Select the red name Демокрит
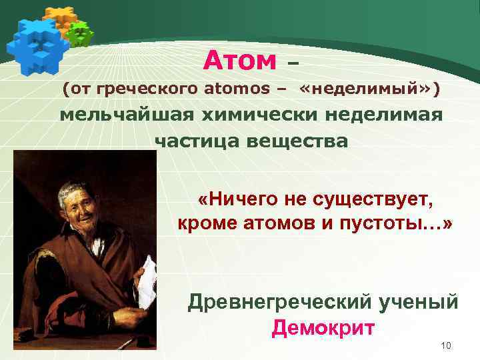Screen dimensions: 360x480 323,328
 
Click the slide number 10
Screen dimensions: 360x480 446,345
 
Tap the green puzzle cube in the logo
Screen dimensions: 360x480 81,33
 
